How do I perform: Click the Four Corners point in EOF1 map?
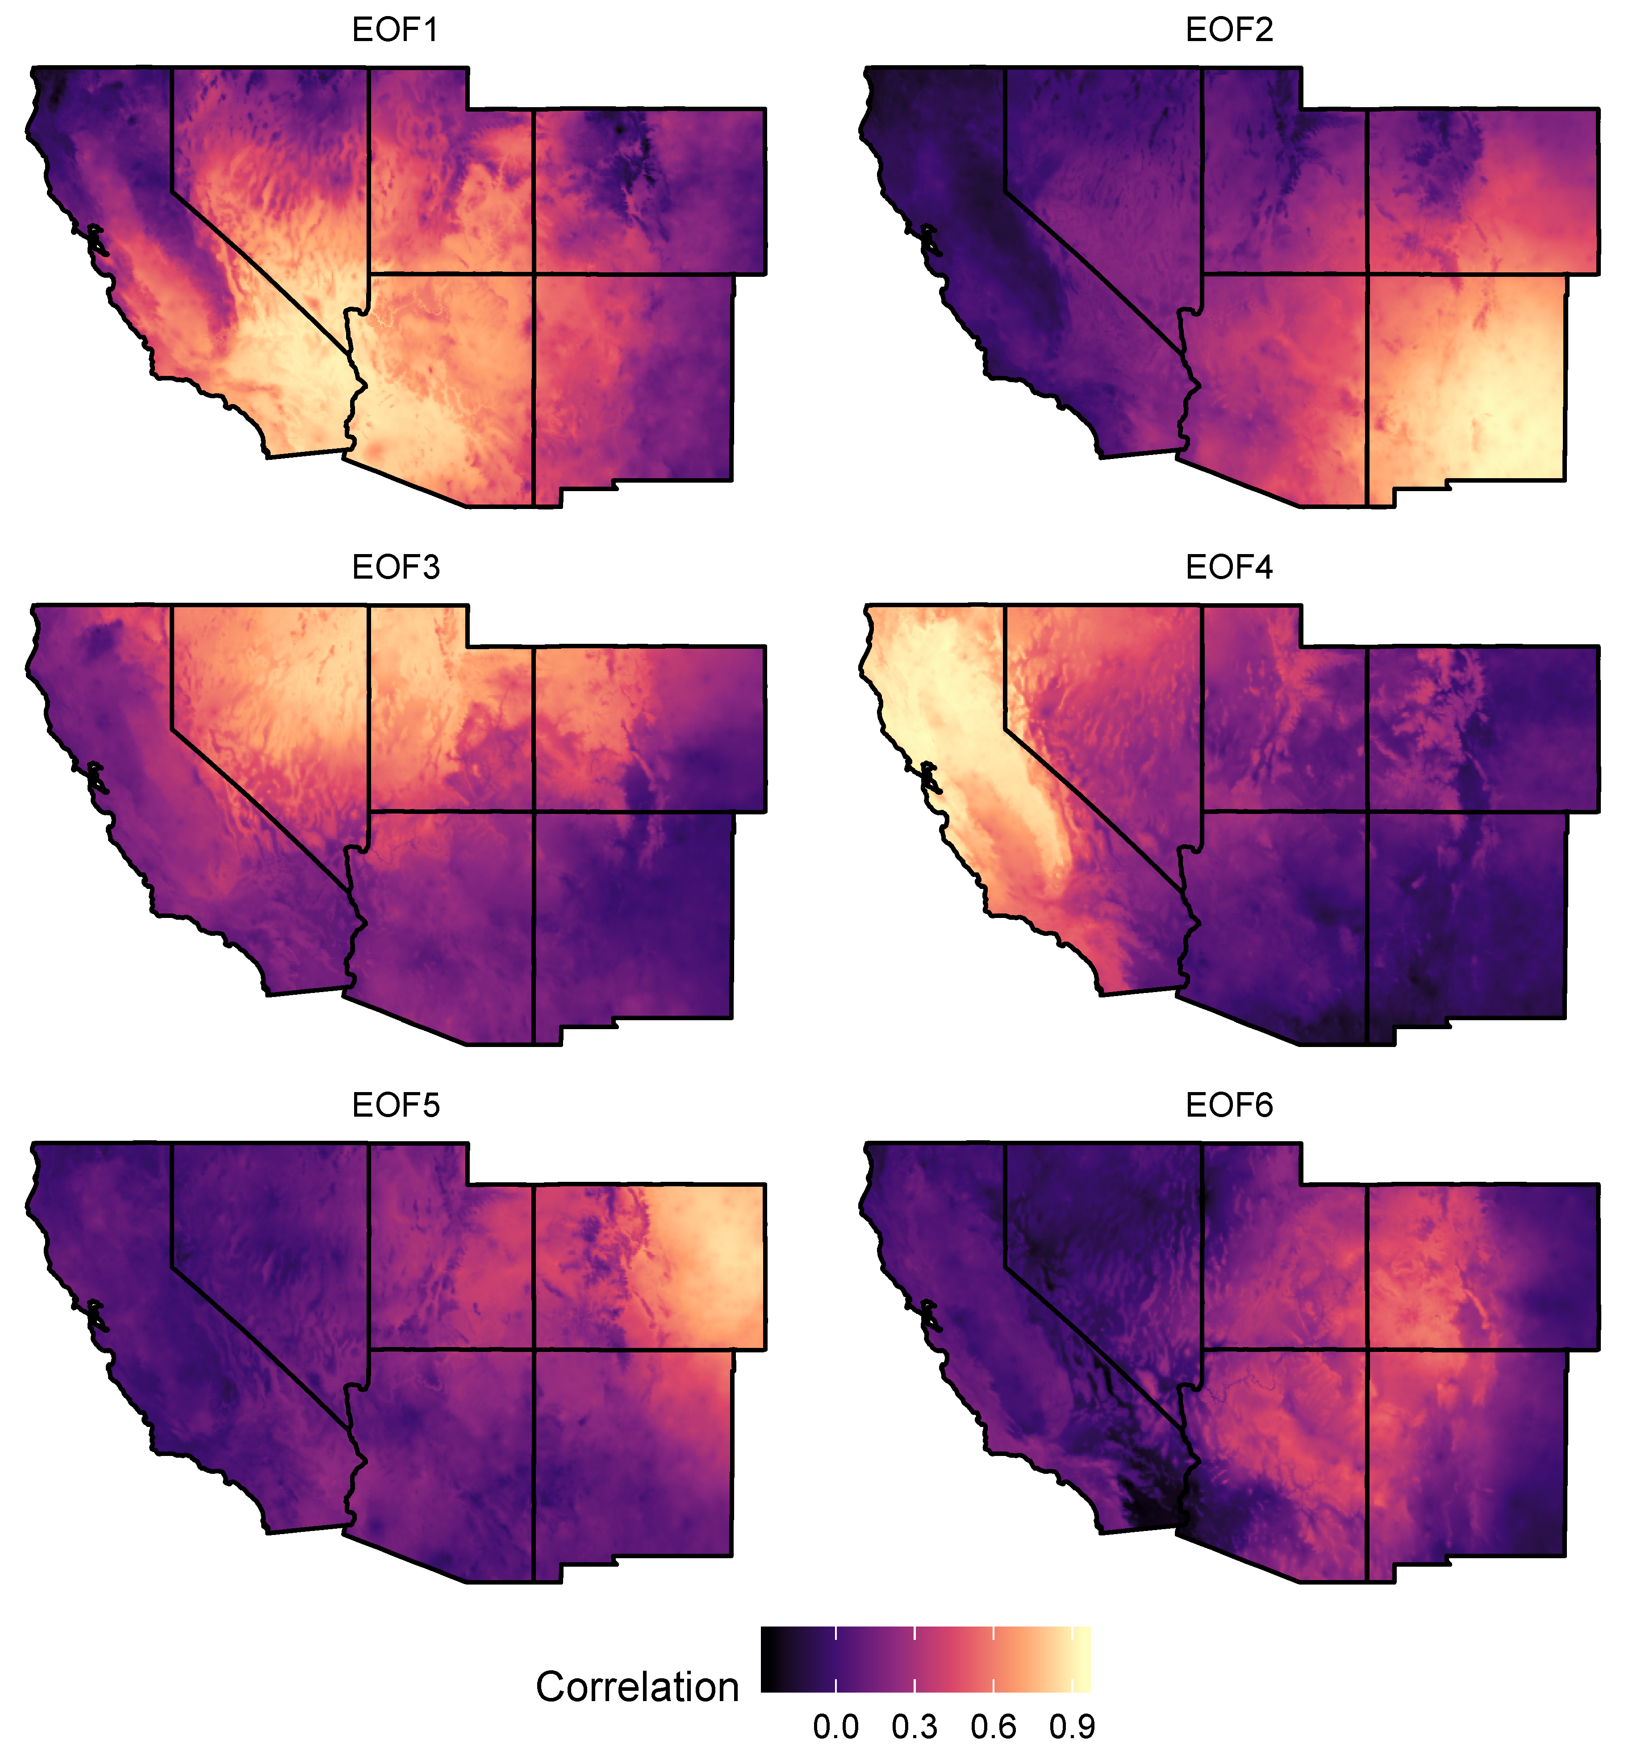click(534, 274)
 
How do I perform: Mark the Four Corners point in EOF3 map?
click(534, 811)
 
